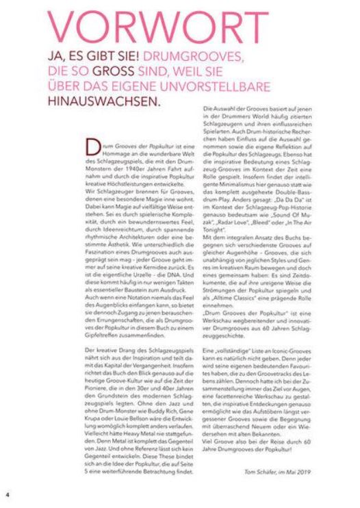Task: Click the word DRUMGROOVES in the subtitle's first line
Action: pyautogui.click(x=168, y=55)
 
